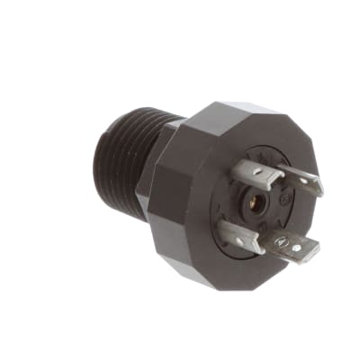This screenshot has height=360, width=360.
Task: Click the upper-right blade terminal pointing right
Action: point(301,183)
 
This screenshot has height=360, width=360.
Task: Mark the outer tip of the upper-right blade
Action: point(321,189)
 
